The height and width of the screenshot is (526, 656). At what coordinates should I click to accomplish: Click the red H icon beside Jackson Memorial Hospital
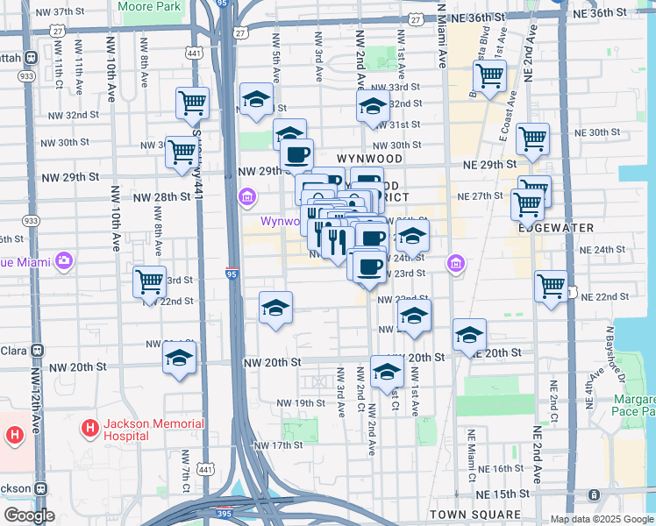(x=89, y=429)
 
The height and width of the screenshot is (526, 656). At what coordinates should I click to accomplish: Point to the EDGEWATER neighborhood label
(x=555, y=227)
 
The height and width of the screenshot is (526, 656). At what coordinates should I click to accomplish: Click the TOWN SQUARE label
(x=474, y=514)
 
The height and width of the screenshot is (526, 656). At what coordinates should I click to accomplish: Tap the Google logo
(x=29, y=515)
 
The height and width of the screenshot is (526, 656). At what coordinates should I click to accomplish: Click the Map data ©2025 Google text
(x=602, y=519)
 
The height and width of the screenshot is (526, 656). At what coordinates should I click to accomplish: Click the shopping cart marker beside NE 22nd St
(x=551, y=286)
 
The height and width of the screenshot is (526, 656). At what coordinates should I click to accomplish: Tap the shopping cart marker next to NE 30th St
(x=532, y=139)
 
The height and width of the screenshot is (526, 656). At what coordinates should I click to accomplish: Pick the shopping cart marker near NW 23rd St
(x=150, y=282)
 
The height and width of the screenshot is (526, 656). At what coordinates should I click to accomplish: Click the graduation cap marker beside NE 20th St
(x=469, y=335)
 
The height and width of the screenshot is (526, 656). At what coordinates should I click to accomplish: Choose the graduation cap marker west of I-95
(x=179, y=359)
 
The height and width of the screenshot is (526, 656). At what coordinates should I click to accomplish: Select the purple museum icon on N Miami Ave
(x=455, y=262)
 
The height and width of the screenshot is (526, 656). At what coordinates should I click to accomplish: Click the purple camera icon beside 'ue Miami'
(x=62, y=260)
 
